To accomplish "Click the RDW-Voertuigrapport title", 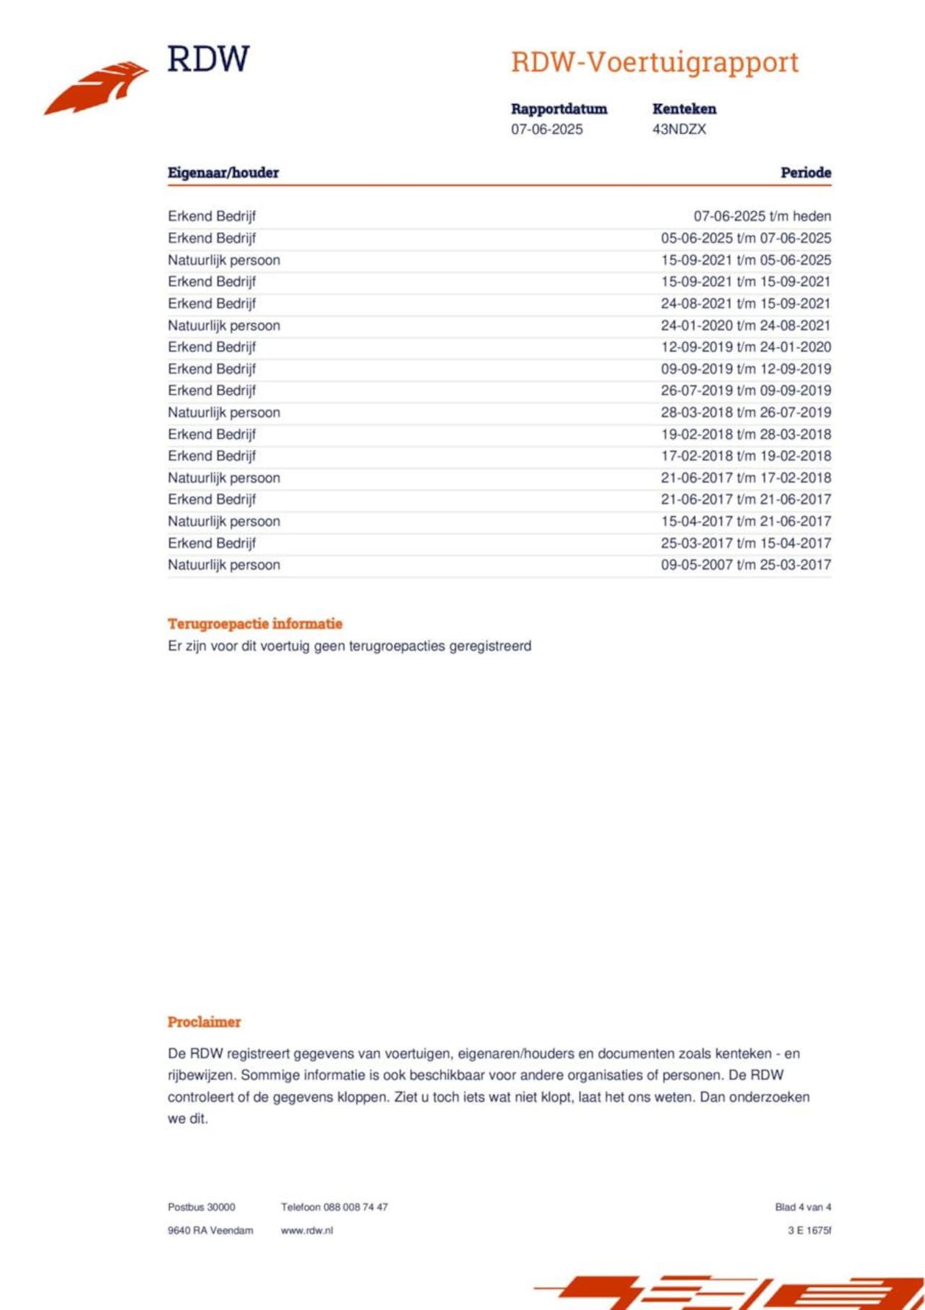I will (655, 63).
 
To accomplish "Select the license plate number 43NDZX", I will (679, 129).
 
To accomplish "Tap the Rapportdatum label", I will (559, 109).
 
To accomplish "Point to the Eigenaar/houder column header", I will (223, 173).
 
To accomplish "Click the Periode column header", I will (805, 173).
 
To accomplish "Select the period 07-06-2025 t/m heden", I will (762, 216).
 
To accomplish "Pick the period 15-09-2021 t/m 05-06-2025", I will (745, 260).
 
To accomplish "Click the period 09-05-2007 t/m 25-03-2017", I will (745, 565).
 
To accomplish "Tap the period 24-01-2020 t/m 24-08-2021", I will (745, 325).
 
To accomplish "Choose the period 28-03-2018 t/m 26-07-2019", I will (745, 412).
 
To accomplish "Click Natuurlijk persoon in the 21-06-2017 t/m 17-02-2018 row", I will (224, 478).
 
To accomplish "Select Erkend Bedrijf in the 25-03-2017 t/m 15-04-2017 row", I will (212, 543).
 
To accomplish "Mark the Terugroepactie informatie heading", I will (255, 624).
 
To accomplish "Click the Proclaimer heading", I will (204, 1022).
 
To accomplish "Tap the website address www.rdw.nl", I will (307, 1230).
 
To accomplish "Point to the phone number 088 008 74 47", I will (356, 1207).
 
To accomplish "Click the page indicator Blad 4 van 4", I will (803, 1207).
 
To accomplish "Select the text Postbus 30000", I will (202, 1207).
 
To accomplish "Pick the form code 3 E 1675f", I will (809, 1230).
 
